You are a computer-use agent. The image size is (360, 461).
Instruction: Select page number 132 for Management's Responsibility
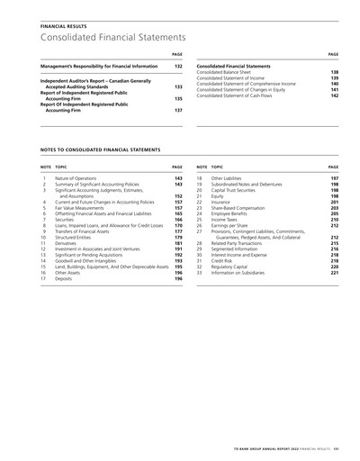[x=178, y=67]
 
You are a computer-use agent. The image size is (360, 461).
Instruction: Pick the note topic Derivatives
[x=67, y=243]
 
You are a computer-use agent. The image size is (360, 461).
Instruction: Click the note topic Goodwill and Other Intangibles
[x=90, y=259]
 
